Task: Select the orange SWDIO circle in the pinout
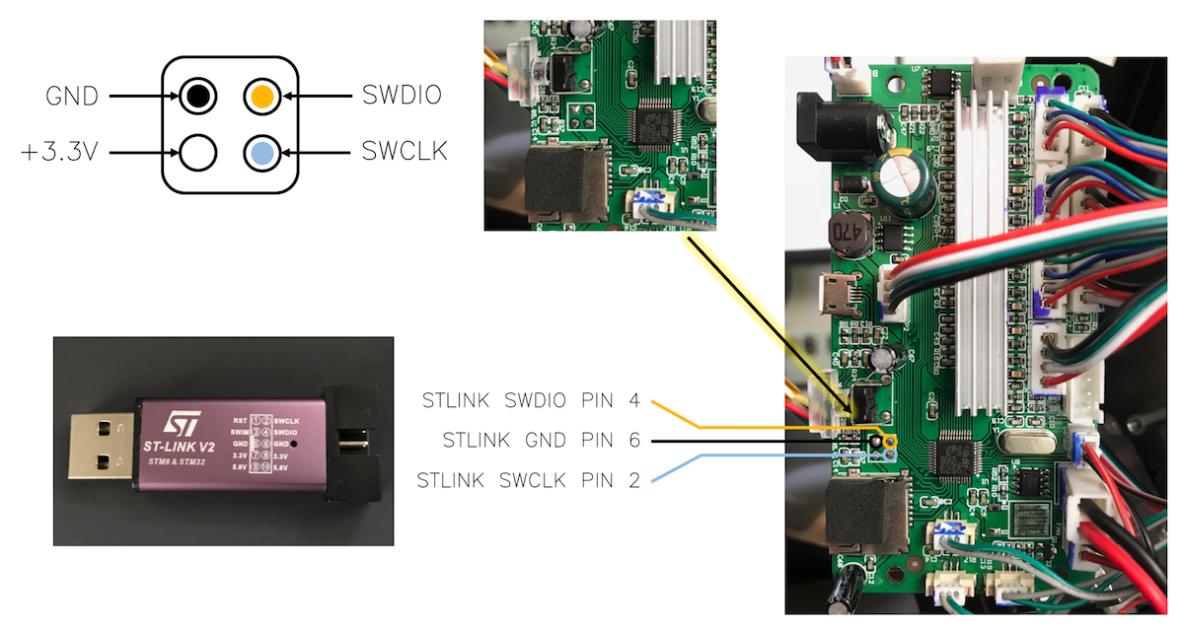click(x=261, y=97)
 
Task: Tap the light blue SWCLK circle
click(x=261, y=153)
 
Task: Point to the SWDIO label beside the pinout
click(x=401, y=97)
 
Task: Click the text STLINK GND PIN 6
click(x=543, y=441)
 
